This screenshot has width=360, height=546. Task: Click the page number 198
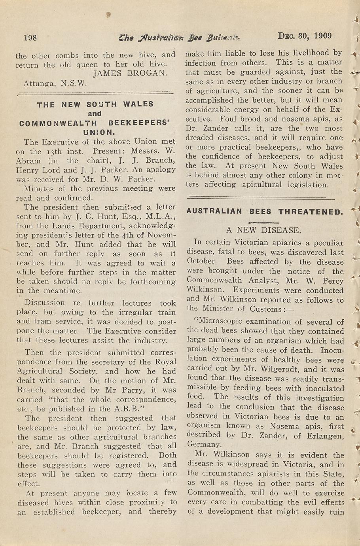[x=30, y=38]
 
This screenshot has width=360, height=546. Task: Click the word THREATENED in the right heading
[x=311, y=211]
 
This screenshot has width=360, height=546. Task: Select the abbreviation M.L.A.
[x=161, y=216]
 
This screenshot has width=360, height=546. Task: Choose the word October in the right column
[x=201, y=261]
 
